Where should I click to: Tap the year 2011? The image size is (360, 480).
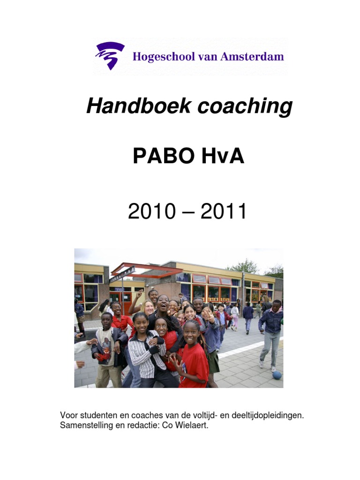pos(224,212)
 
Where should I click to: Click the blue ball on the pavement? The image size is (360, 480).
pos(277,375)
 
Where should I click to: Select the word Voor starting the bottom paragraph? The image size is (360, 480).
pos(68,416)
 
